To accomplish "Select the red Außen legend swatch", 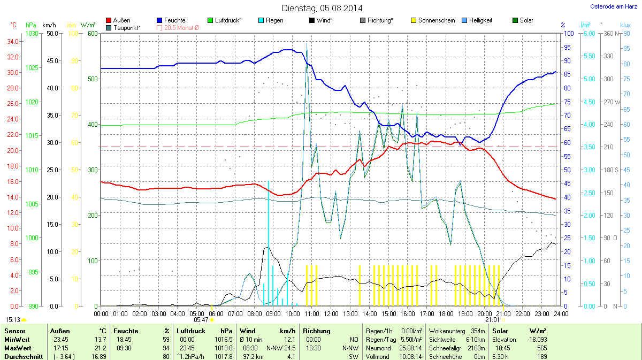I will (109, 20).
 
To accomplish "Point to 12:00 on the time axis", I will (331, 313).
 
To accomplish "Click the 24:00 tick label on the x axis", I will (561, 313).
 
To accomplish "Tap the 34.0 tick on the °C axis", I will (13, 42).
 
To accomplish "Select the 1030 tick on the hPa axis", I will (32, 34).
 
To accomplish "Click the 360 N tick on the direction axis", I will (610, 34).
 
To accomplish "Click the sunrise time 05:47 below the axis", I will (201, 320).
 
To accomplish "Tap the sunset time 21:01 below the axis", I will (492, 320).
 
